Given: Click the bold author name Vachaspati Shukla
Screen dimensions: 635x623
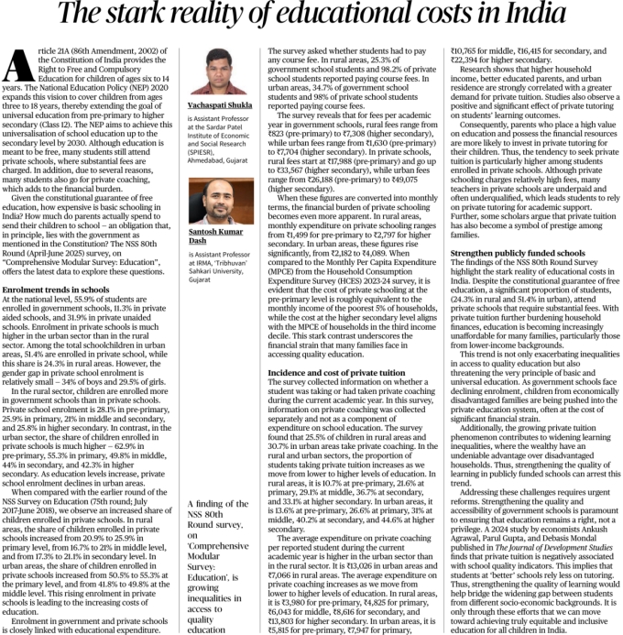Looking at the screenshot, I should pos(221,132).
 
